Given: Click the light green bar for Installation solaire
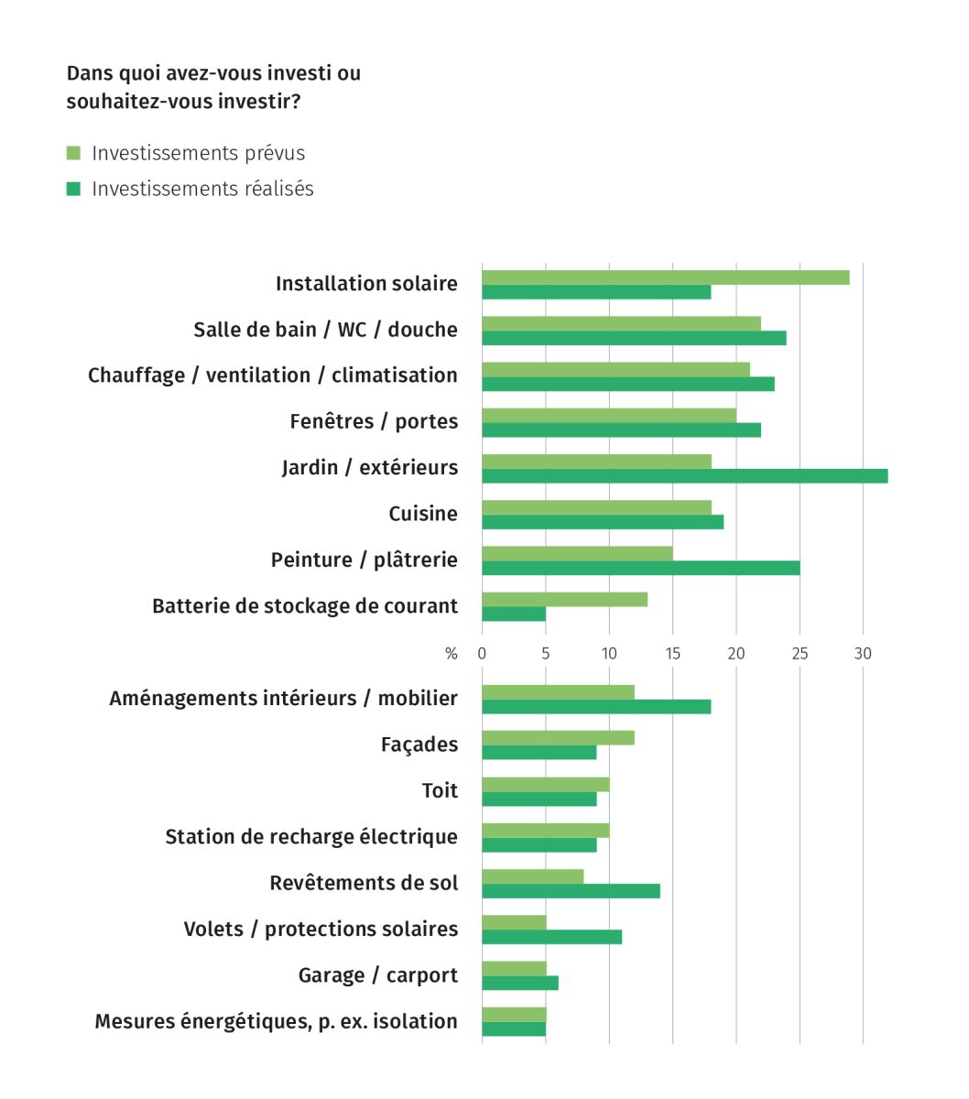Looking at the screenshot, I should click(x=666, y=277).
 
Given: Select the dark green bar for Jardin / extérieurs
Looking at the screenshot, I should click(x=684, y=476).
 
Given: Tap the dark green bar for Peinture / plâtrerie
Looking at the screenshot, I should click(x=640, y=568).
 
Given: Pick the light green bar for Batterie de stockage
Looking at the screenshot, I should click(x=564, y=599).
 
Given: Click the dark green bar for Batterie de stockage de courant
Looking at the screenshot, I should click(x=514, y=615).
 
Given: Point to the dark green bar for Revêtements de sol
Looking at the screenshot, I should click(x=571, y=891).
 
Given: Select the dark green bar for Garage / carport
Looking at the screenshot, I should click(x=520, y=983).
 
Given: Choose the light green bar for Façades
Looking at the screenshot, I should click(x=558, y=737).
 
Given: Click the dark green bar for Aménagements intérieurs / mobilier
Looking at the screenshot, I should click(x=596, y=707).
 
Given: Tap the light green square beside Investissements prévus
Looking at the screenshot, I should click(x=74, y=153).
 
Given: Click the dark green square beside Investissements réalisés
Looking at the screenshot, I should click(x=74, y=189).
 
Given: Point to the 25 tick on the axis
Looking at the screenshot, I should click(x=800, y=654).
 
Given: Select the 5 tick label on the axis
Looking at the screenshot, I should click(x=546, y=654).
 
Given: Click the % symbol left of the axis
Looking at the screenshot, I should click(x=451, y=654).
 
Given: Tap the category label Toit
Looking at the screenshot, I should click(x=440, y=790).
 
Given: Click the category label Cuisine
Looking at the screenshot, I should click(x=423, y=514).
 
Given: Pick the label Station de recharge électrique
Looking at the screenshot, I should click(x=311, y=837).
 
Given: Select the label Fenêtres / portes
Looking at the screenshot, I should click(x=374, y=422).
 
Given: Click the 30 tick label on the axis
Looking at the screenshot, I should click(x=863, y=654).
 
